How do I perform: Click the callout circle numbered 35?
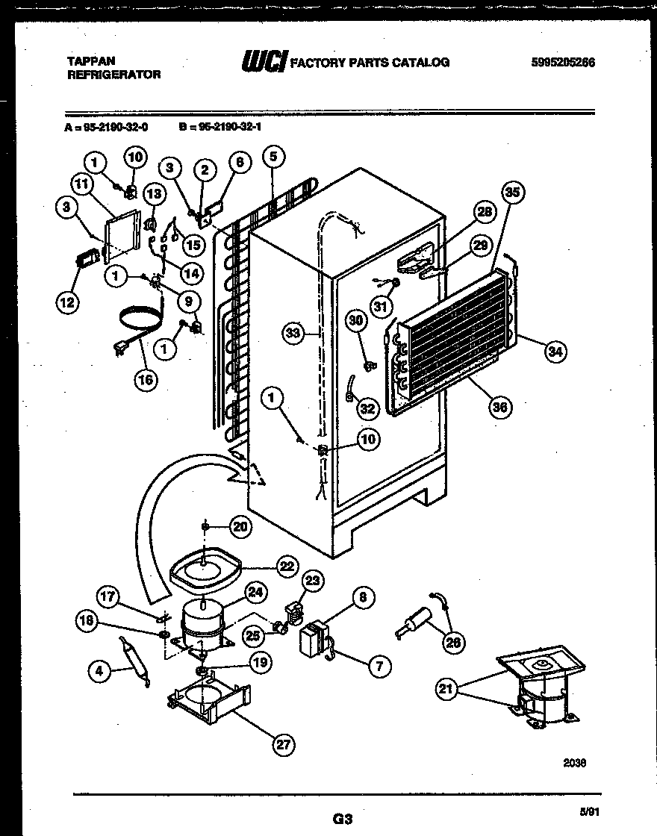tap(511, 193)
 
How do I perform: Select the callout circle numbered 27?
tap(284, 744)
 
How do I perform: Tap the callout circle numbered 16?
tap(146, 379)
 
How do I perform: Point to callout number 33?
tap(293, 333)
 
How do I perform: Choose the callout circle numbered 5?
tap(273, 157)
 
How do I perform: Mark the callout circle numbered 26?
tap(453, 641)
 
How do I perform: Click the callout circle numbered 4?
tap(100, 671)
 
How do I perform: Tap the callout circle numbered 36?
tap(500, 407)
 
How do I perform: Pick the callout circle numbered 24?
tap(255, 593)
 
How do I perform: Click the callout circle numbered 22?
tap(286, 567)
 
